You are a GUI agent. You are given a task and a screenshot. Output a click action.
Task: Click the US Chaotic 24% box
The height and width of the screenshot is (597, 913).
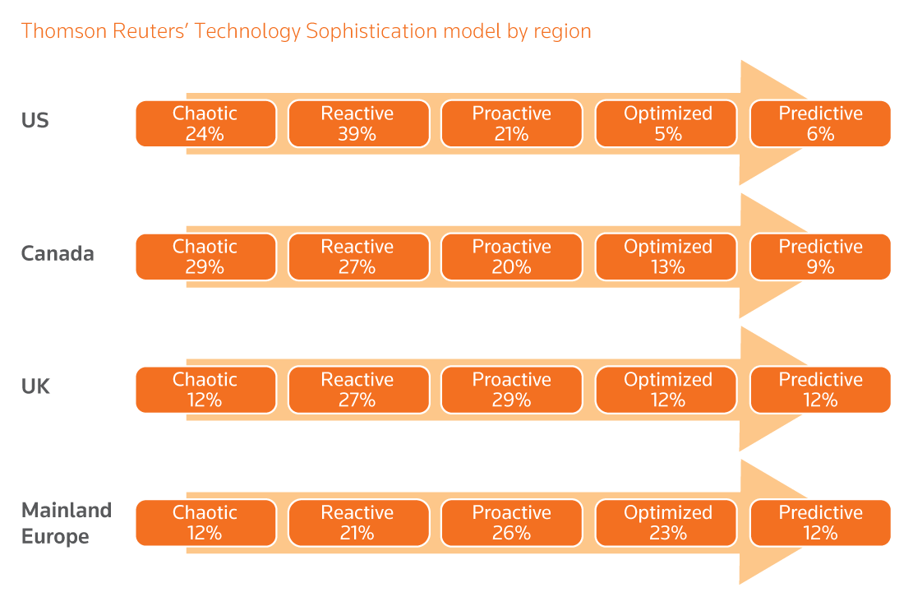click(206, 123)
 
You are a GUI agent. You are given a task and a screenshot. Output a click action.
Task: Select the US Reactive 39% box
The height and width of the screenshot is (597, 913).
click(358, 123)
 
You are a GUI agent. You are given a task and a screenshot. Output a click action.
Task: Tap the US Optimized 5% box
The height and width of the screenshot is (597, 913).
click(666, 123)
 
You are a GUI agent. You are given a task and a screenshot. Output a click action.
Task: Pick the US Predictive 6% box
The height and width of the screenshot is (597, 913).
click(820, 123)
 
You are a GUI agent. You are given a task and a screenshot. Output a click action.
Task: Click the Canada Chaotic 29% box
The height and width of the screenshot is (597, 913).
click(206, 257)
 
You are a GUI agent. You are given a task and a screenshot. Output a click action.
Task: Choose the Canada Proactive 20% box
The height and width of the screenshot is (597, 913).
click(512, 257)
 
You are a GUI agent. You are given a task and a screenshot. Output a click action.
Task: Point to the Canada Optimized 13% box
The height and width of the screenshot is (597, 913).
click(666, 257)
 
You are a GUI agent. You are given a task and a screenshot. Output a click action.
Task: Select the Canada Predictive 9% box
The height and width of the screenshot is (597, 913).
click(820, 257)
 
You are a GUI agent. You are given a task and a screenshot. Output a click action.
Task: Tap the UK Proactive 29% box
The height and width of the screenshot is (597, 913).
click(512, 390)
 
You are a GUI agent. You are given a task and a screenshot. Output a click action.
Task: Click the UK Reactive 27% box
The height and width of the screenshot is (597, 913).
click(358, 390)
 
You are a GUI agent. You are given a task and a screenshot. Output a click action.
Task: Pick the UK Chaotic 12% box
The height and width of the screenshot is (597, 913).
click(206, 390)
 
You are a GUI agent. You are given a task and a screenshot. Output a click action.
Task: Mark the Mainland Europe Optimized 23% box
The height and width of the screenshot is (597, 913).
click(666, 522)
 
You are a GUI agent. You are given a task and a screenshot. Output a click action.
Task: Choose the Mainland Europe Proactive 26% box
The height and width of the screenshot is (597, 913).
click(512, 522)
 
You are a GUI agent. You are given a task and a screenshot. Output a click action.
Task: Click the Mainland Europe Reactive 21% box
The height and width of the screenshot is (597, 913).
click(358, 522)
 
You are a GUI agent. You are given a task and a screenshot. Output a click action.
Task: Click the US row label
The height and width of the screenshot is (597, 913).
click(35, 121)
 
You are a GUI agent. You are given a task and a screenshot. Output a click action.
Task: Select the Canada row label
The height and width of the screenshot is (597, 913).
click(58, 254)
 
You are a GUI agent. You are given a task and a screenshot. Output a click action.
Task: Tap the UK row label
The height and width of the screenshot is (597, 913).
click(35, 386)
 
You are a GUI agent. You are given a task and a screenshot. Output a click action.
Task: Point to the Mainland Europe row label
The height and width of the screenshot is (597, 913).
click(67, 523)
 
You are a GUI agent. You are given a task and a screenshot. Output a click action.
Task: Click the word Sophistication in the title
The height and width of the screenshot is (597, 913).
click(371, 31)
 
